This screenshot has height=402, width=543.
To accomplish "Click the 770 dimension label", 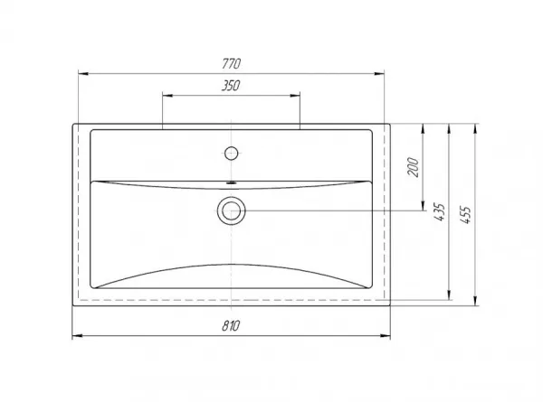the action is pyautogui.click(x=232, y=63).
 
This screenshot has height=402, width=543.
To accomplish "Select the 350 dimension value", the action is pyautogui.click(x=231, y=86).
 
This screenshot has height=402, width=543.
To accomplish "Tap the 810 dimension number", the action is pyautogui.click(x=231, y=325).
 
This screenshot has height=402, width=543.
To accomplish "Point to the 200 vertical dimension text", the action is pyautogui.click(x=413, y=167).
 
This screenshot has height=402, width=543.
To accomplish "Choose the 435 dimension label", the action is pyautogui.click(x=439, y=211).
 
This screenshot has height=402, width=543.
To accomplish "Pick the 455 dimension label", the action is pyautogui.click(x=466, y=215).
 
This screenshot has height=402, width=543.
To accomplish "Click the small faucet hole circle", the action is pyautogui.click(x=231, y=154).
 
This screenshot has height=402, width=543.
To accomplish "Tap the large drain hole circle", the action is pyautogui.click(x=232, y=210).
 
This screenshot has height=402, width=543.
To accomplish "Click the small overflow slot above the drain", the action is pyautogui.click(x=232, y=182).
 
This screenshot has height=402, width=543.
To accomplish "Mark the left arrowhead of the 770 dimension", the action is pyautogui.click(x=83, y=74).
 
